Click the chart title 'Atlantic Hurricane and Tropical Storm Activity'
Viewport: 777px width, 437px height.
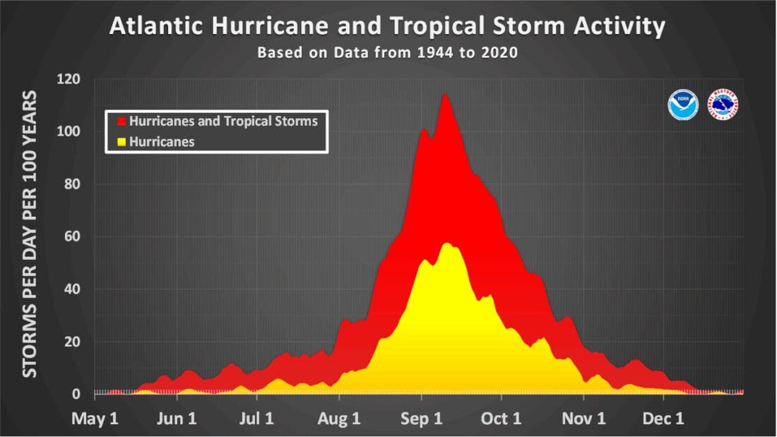click(x=387, y=26)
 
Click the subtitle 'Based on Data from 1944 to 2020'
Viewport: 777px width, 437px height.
click(x=387, y=53)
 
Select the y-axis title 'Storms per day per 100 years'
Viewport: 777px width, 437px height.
click(x=30, y=233)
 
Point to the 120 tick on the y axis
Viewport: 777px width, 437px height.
click(x=69, y=79)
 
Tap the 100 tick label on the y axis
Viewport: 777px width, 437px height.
click(x=69, y=131)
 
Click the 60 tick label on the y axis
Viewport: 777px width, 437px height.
click(x=71, y=237)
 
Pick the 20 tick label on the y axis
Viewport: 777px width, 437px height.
click(x=71, y=342)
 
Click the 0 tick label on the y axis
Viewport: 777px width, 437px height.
click(x=76, y=394)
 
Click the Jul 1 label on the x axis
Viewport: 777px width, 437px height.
click(x=255, y=419)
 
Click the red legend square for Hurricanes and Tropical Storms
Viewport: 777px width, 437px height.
click(x=122, y=121)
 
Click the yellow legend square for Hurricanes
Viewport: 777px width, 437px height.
click(x=122, y=142)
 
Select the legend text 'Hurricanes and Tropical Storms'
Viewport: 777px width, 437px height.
click(x=223, y=121)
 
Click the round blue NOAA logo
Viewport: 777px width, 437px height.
click(x=682, y=104)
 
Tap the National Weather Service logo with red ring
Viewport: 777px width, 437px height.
click(x=723, y=104)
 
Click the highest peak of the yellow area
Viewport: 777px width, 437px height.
click(x=446, y=244)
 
